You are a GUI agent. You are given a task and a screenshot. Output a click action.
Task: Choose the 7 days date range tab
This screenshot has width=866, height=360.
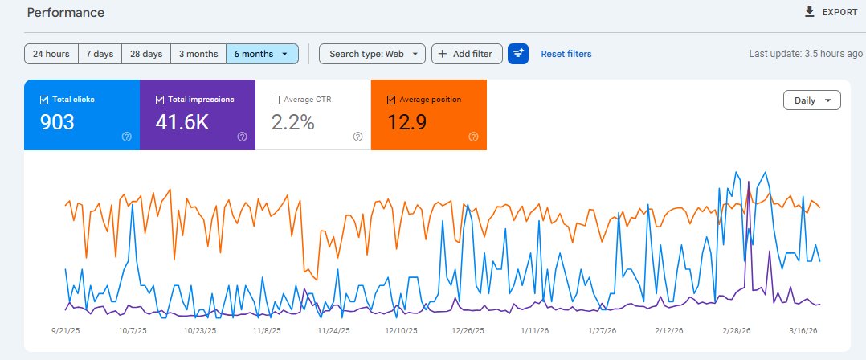99,54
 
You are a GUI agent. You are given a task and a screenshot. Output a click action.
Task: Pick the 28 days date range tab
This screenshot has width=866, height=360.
146,54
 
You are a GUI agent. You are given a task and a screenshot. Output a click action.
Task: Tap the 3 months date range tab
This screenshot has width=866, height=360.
198,54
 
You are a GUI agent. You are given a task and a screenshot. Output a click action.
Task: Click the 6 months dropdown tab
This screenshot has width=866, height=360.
262,54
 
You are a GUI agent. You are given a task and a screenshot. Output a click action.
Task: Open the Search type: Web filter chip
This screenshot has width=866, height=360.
372,54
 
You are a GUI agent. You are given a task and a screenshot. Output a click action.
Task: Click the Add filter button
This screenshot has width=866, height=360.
467,54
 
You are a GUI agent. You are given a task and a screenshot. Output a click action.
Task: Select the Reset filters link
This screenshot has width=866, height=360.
566,54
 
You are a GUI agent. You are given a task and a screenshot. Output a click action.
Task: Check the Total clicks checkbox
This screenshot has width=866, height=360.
44,100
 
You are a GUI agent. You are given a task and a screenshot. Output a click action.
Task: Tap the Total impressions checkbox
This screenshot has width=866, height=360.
160,100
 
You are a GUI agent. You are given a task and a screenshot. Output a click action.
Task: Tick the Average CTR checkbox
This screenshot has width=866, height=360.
276,100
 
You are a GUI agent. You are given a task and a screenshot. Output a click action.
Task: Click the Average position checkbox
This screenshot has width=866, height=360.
391,100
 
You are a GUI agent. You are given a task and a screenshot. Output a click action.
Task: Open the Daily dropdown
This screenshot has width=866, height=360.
811,100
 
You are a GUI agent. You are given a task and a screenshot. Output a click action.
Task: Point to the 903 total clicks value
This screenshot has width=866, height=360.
57,122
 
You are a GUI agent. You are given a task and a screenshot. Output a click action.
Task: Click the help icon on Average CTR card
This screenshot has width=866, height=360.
357,137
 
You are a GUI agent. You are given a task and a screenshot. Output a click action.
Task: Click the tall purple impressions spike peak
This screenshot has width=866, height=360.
749,182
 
